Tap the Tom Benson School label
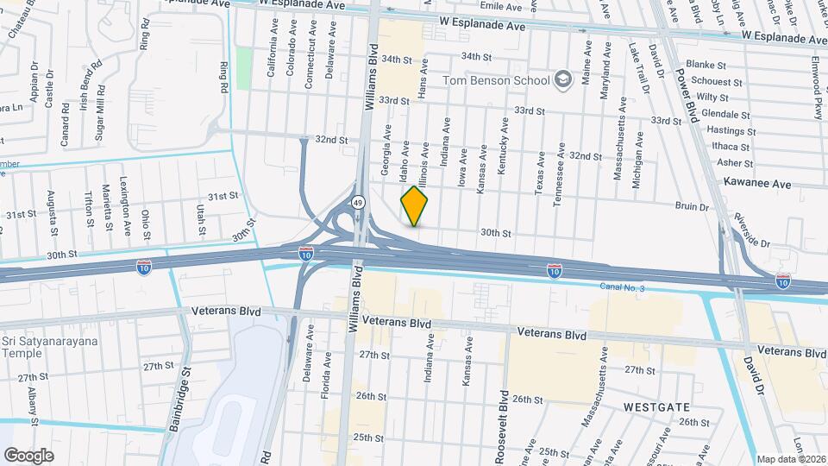coord(496,81)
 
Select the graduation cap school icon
coord(563,80)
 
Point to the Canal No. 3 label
coord(622,287)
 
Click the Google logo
coord(29,455)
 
